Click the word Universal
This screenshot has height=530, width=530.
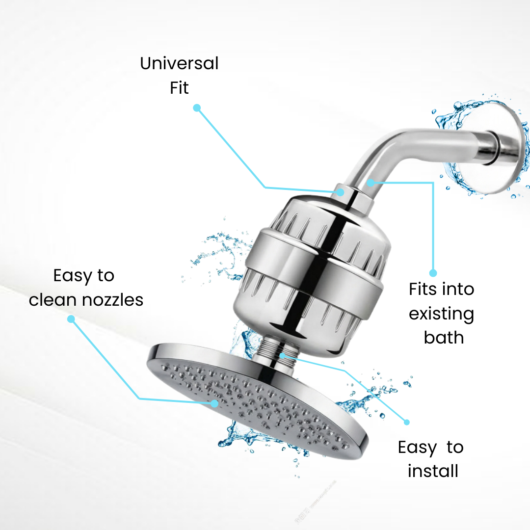tap(179, 63)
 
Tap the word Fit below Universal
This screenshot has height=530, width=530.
tap(179, 88)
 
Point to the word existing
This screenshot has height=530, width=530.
tap(442, 314)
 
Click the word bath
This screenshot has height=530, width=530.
tap(444, 337)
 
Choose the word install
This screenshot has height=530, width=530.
tap(433, 471)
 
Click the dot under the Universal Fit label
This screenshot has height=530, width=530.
tap(197, 108)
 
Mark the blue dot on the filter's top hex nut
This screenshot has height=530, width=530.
tap(341, 192)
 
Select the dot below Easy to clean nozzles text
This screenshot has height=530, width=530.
tap(71, 319)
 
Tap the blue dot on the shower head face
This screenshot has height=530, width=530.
tap(214, 403)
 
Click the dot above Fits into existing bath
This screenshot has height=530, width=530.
tap(433, 273)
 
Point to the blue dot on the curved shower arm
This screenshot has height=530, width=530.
tap(371, 183)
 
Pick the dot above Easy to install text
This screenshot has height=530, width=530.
tap(407, 422)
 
